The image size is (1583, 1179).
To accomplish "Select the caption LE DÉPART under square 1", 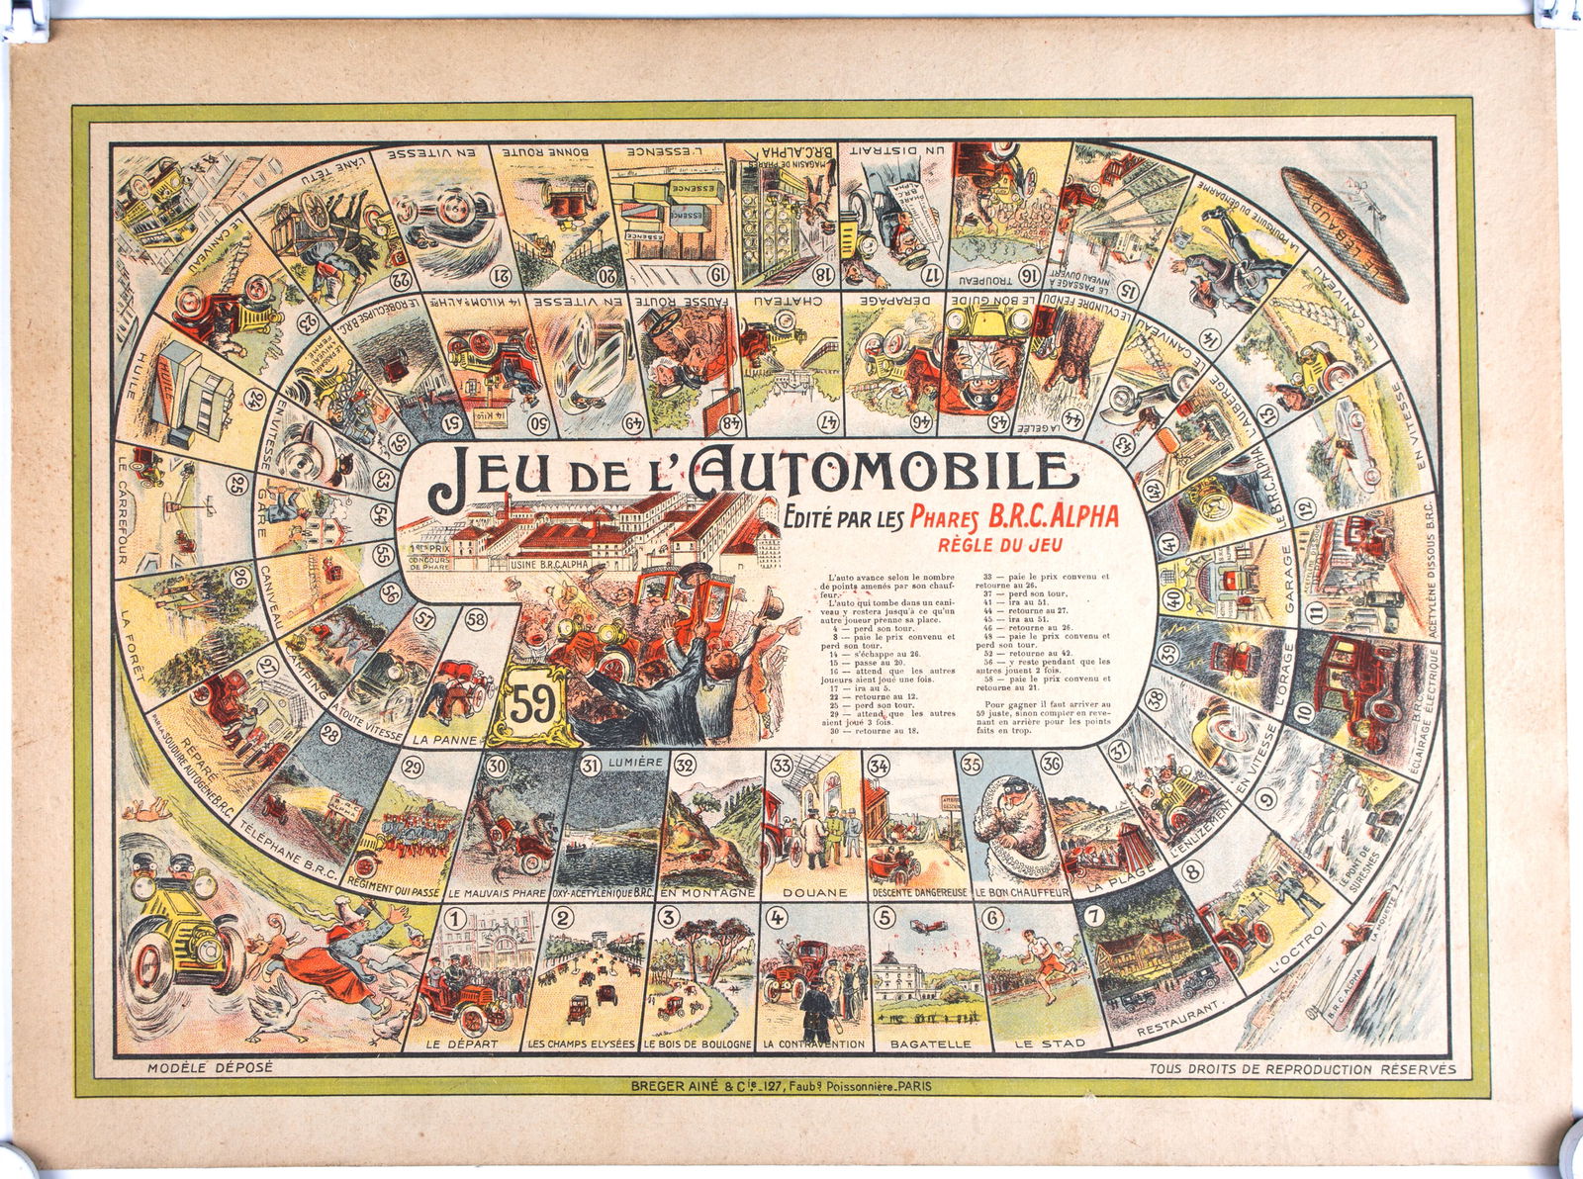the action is pyautogui.click(x=471, y=1043).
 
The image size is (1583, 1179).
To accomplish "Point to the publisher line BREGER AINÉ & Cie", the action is pyautogui.click(x=782, y=1085).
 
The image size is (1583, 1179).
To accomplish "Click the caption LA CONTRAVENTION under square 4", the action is pyautogui.click(x=814, y=1043).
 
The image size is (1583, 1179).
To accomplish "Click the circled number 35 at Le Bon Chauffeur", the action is pyautogui.click(x=972, y=764).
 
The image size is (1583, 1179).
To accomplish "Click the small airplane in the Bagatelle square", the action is pyautogui.click(x=926, y=924).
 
